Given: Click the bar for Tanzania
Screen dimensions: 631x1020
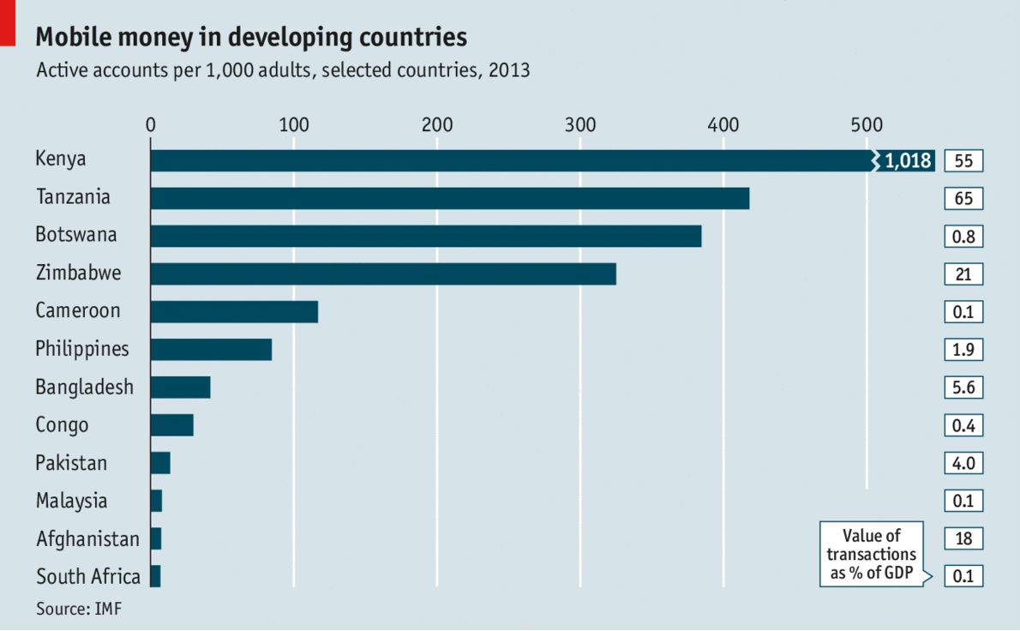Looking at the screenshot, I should point(449,199).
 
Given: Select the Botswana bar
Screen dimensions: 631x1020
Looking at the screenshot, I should point(425,237).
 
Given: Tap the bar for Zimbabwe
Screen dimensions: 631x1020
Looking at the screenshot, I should point(382,274).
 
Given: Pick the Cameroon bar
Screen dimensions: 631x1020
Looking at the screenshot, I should point(234,312).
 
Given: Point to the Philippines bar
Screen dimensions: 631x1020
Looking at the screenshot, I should point(211,350).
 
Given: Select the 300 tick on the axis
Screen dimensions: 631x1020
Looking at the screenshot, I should point(580,123).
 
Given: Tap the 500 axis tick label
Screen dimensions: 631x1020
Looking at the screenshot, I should point(867,123).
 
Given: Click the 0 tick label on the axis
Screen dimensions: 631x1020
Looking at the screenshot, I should point(151,123).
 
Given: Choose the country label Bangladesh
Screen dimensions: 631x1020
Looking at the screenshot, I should point(85,388).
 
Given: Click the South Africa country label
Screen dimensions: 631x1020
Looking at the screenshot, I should point(88,576).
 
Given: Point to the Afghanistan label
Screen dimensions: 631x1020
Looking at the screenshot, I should point(87,539).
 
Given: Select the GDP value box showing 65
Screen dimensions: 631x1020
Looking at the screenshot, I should point(963,199).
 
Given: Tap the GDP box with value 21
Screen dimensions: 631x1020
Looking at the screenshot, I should point(963,274).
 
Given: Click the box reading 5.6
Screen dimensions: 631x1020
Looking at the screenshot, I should point(963,388).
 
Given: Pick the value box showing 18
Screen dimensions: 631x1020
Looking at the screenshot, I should point(963,538).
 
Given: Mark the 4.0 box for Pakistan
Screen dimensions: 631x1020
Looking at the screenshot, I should point(963,463).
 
